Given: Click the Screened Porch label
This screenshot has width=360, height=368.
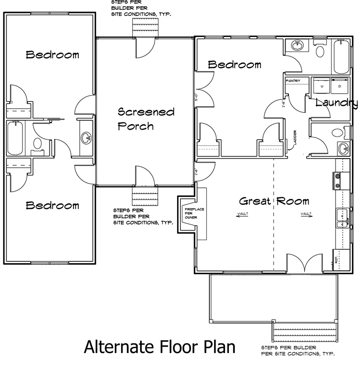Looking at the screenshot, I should click(146, 119).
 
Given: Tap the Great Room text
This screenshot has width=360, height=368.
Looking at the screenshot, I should click(274, 201).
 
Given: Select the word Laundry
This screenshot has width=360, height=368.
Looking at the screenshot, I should click(336, 102).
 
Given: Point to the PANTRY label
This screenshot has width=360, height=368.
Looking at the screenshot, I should click(293, 81).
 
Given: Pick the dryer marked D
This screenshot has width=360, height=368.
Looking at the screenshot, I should click(339, 85).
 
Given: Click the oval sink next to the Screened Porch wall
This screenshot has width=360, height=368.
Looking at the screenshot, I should click(87, 138).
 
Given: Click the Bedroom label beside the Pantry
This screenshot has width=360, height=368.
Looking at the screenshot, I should click(234, 64).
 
